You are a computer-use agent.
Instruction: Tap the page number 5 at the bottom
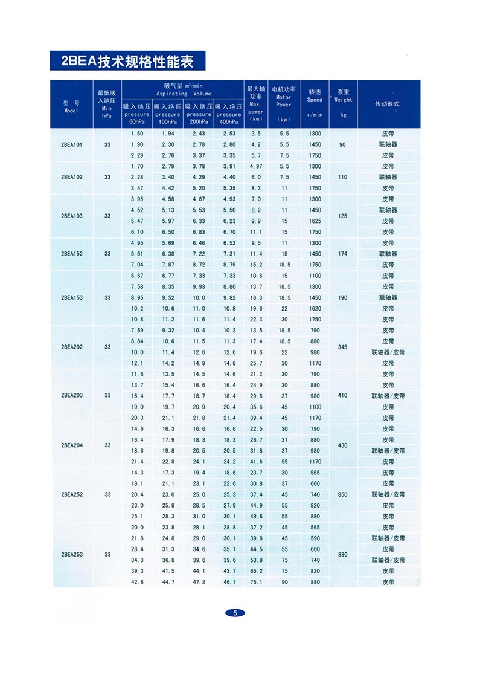(235, 612)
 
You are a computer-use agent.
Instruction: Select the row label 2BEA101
(71, 145)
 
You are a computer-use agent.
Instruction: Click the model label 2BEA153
(71, 298)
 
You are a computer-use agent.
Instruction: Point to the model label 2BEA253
(71, 554)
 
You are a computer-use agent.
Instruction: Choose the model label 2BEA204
(71, 445)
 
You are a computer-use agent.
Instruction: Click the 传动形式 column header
(388, 104)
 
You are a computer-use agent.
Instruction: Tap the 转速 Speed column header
(315, 103)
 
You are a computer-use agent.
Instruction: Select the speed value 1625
(315, 221)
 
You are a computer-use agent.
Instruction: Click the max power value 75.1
(256, 582)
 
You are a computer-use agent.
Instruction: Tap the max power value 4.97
(256, 167)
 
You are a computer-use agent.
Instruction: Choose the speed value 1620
(315, 309)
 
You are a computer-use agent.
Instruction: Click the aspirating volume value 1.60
(136, 134)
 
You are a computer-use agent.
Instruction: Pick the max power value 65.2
(256, 571)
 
